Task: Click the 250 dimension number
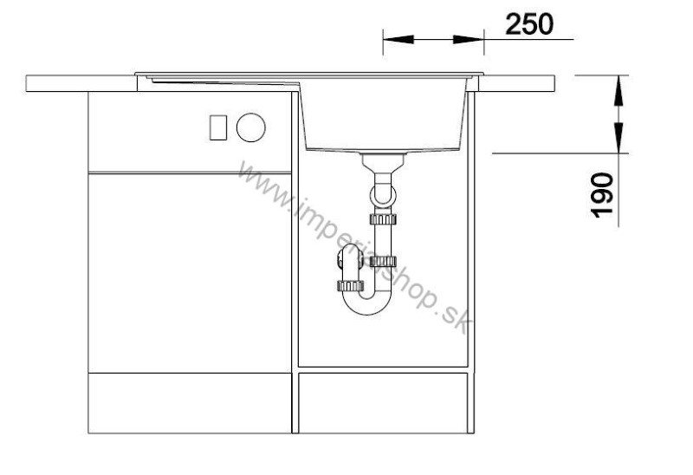(x=529, y=24)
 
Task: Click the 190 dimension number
(x=602, y=195)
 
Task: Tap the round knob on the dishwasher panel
(x=250, y=127)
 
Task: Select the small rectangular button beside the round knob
(x=218, y=127)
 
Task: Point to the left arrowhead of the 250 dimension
(x=398, y=39)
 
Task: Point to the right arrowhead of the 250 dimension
(x=469, y=39)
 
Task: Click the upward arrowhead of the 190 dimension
(x=619, y=91)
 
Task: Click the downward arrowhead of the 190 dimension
(x=619, y=138)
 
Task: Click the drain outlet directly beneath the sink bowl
(x=383, y=162)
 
